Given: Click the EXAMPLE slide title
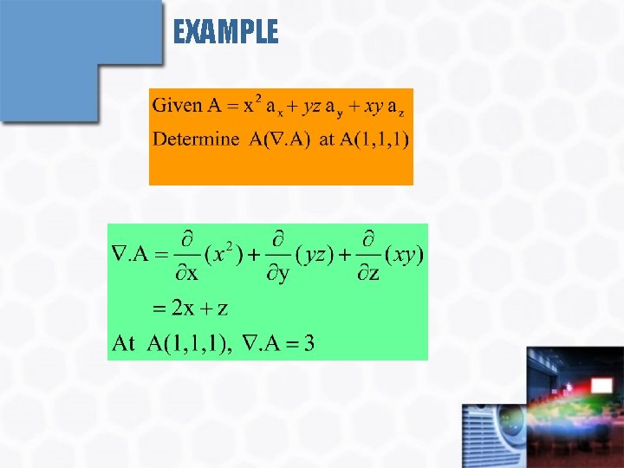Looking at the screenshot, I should point(225,33).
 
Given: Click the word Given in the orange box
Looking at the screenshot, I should point(177,107).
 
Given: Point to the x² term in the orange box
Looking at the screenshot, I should point(251,105).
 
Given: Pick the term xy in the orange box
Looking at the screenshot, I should point(374,107).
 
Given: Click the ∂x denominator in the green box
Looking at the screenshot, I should point(187,275).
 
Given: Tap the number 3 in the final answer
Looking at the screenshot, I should point(309,344).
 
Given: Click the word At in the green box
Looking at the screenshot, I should point(124,344).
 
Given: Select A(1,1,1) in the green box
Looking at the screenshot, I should point(188,344).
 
